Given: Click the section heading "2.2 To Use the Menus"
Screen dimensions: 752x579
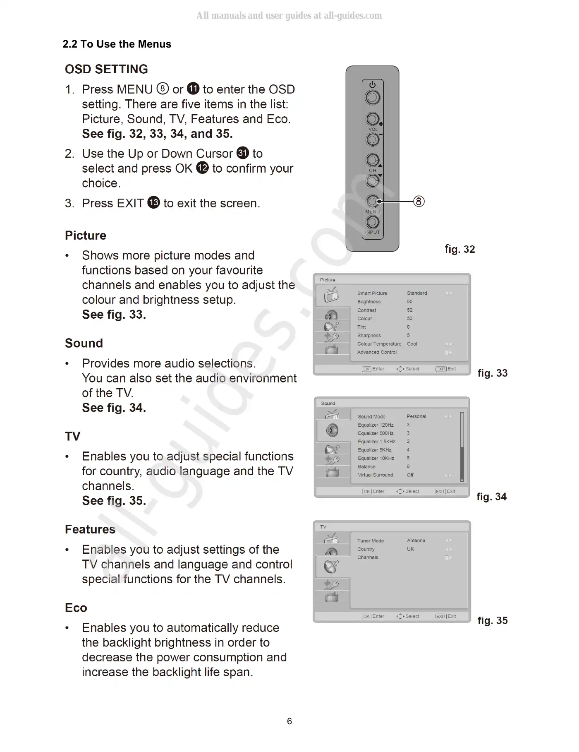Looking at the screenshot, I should tap(117, 44).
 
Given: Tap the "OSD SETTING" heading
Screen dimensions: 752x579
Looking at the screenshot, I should tap(106, 69).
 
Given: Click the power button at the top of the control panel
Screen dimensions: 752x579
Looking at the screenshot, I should tap(373, 97).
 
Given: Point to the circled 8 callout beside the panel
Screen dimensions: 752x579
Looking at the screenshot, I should tap(419, 202).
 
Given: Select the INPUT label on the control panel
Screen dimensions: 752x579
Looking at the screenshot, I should tap(372, 232).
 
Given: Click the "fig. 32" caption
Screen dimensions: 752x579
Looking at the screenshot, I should tap(460, 249).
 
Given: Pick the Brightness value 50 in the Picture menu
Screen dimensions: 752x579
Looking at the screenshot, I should tap(409, 302).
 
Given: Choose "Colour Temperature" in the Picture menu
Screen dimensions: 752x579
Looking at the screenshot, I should tap(379, 344).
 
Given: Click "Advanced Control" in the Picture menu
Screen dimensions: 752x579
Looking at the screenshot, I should tap(377, 352).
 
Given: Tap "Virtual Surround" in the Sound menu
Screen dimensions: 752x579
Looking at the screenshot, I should tap(375, 475).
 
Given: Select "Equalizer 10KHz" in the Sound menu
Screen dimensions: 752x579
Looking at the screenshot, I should tap(376, 458).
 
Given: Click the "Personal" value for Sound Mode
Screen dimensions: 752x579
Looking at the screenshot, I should tap(416, 416).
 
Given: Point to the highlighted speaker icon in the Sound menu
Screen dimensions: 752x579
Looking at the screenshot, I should tap(332, 430).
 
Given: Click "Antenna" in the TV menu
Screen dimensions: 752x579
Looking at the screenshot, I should tap(416, 541).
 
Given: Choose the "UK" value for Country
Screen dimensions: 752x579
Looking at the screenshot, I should tap(410, 549).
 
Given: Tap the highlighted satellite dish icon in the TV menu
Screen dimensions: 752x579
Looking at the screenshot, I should tap(332, 566).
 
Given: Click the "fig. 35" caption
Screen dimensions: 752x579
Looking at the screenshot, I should tap(492, 620).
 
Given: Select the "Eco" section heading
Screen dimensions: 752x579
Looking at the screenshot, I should tap(76, 608).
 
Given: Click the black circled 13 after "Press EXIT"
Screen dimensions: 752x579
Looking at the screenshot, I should tap(153, 203).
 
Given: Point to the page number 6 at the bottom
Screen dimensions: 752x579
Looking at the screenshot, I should tap(289, 721).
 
